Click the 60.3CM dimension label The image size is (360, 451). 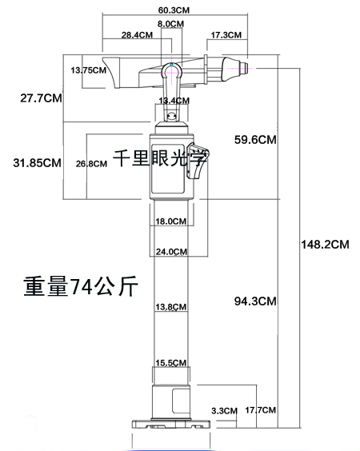coord(174,10)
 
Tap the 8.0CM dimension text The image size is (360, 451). coord(170,24)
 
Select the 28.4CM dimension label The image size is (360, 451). coord(137,35)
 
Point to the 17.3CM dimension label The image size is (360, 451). coord(226,35)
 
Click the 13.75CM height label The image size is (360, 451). coord(89,70)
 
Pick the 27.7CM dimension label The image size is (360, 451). coord(41,98)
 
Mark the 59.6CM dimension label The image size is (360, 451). coord(255,140)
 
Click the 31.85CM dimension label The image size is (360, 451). coord(37,163)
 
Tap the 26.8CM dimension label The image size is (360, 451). coord(91,164)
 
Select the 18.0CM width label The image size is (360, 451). coord(171,222)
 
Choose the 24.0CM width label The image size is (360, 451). coord(171,252)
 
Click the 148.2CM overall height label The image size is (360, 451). coord(325,245)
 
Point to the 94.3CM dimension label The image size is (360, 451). coord(255,301)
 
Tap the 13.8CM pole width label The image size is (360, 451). coord(171,307)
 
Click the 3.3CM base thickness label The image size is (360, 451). coord(225,411)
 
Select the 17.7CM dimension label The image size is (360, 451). coord(261,410)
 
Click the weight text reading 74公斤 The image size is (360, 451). coord(102,286)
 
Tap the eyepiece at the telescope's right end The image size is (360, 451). coord(245,68)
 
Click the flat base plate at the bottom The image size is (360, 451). coord(171,424)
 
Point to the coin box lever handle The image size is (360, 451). coord(198,161)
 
